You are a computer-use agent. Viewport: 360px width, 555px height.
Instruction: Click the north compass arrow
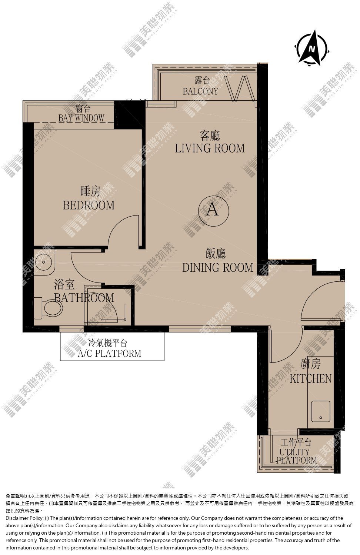tap(312, 48)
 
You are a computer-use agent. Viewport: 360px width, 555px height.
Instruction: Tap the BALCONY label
tap(200, 91)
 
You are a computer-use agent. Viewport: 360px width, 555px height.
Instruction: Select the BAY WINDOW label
tap(81, 118)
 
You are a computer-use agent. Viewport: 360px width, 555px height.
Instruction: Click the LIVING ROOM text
tap(210, 148)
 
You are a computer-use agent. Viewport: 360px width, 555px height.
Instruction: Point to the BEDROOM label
tap(89, 205)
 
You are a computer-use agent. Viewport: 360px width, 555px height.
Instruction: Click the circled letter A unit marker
tap(213, 211)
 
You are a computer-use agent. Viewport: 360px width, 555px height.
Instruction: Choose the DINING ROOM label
tap(218, 268)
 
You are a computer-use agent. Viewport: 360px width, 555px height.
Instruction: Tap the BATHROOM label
tap(84, 298)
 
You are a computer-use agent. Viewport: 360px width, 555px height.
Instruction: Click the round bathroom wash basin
tap(44, 262)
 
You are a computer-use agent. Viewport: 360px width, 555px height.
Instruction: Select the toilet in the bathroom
tap(49, 308)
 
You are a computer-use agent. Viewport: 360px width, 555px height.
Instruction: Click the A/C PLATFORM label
tap(110, 353)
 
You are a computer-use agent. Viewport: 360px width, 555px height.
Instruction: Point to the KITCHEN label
tap(311, 379)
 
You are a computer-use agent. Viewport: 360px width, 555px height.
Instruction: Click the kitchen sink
tap(321, 411)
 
